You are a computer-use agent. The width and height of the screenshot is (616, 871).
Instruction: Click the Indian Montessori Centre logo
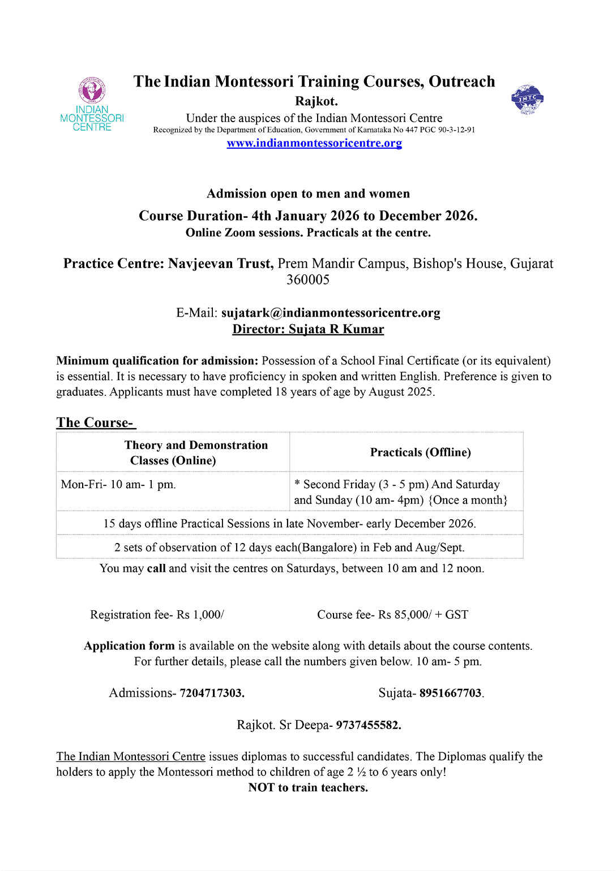coord(92,104)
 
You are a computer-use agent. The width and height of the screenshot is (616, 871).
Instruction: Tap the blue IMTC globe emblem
coord(527,100)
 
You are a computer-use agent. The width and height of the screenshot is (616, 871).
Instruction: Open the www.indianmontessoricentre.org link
coord(314,143)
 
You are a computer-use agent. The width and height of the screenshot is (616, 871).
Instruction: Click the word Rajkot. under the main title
coord(316,101)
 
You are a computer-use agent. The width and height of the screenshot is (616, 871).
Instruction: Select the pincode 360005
coord(308,279)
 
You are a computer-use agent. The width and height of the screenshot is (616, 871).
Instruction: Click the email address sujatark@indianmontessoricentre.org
coord(331,313)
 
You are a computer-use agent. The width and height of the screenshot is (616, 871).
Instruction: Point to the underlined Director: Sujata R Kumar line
coord(308,329)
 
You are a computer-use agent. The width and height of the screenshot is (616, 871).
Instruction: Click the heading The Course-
coord(95,422)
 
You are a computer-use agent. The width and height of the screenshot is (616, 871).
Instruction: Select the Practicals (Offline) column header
coord(420,452)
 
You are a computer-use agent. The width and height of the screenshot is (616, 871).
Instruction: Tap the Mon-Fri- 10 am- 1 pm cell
coord(118,485)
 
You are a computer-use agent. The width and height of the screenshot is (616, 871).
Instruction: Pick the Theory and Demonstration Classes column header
coord(196,452)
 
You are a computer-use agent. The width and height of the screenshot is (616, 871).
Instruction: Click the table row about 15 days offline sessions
coord(289,523)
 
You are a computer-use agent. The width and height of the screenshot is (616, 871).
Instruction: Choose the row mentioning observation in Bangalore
coord(289,547)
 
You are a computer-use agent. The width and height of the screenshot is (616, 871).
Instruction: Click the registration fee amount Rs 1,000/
coord(200,615)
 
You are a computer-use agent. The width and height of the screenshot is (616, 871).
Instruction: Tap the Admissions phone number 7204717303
coord(212,693)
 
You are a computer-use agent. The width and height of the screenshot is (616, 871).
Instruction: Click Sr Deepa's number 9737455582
coord(368,725)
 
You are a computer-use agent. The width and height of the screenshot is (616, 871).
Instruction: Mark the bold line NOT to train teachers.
coord(308,787)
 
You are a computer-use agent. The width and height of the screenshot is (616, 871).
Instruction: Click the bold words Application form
coord(129,646)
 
